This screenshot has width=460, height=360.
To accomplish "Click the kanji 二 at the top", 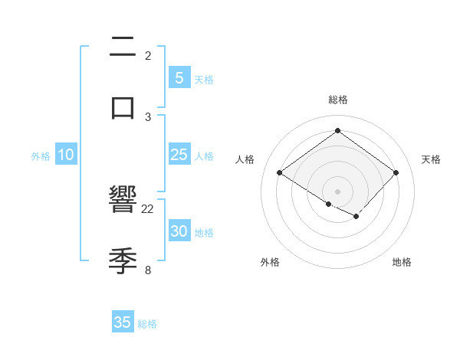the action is (x=123, y=47).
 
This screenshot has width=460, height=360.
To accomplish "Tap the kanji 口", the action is (x=123, y=106).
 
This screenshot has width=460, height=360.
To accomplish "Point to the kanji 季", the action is (x=123, y=260).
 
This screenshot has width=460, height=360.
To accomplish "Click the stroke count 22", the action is (x=148, y=208).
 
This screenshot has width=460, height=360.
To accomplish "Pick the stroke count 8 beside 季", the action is (x=148, y=269).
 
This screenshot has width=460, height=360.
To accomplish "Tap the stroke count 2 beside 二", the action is (x=148, y=55).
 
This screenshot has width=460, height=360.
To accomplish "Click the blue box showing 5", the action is (x=179, y=78).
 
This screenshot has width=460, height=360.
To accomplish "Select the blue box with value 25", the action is (x=179, y=155).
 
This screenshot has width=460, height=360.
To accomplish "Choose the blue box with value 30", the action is (x=179, y=231).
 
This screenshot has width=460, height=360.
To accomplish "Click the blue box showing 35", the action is (x=123, y=322).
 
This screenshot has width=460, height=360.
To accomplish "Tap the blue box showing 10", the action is (x=66, y=155).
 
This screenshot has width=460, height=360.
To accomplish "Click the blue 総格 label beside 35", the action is (x=147, y=324).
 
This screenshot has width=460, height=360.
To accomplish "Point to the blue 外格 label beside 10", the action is (x=41, y=156).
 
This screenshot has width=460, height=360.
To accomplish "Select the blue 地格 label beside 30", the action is (x=204, y=233).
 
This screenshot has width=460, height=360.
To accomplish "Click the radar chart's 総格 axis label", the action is (x=337, y=100).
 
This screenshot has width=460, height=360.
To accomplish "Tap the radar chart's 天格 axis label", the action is (x=431, y=159).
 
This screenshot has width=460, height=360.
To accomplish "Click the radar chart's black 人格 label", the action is (x=245, y=159).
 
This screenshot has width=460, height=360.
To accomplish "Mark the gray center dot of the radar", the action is (x=337, y=191).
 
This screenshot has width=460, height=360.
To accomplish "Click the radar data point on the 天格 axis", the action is (x=396, y=172).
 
